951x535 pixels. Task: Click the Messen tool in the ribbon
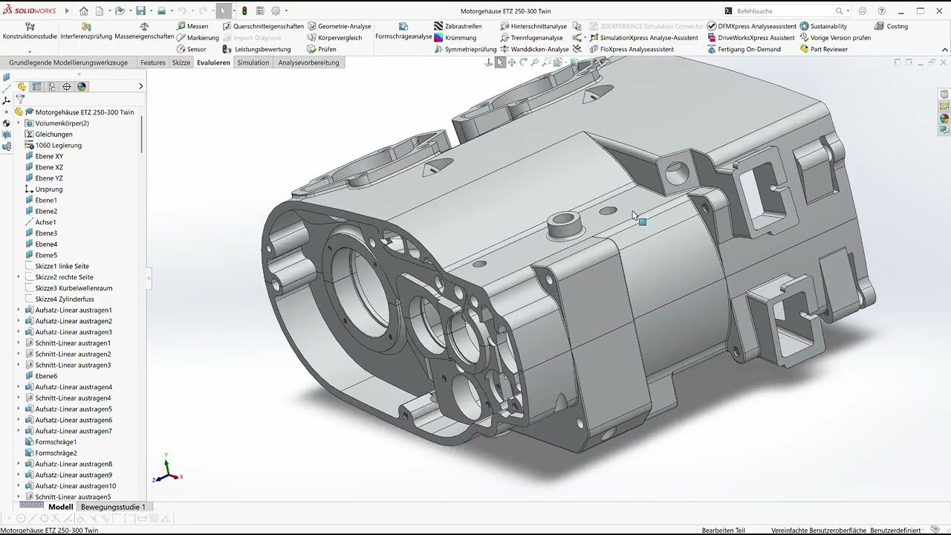(192, 26)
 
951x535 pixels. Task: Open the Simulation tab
(253, 62)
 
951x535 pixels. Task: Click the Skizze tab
(181, 62)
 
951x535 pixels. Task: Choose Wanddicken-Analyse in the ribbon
(534, 49)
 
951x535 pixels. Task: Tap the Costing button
(891, 26)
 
